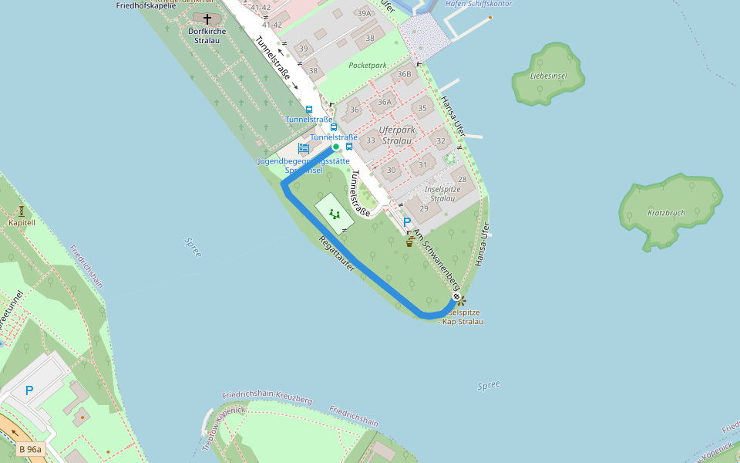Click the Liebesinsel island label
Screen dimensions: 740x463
(x=549, y=76)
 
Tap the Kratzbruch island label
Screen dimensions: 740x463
(x=667, y=212)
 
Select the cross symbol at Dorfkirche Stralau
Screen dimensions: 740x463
(x=207, y=19)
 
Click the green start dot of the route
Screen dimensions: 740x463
(x=335, y=147)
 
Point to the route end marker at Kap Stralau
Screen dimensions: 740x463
(x=456, y=297)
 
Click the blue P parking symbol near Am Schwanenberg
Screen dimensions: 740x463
(x=407, y=222)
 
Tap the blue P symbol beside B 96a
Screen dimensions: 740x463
(x=29, y=390)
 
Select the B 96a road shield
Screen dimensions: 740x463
(x=31, y=449)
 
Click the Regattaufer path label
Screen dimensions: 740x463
(x=337, y=253)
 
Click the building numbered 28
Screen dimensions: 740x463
(x=462, y=179)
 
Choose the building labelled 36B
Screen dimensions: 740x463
(x=404, y=75)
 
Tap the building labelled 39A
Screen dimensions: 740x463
(x=365, y=13)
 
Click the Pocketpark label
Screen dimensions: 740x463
(x=367, y=66)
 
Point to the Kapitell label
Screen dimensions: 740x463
(x=22, y=222)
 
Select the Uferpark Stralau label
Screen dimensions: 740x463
(x=396, y=136)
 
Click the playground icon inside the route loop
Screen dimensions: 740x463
(x=335, y=214)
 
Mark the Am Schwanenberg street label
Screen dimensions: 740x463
(x=436, y=259)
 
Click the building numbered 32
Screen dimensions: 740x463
(x=441, y=141)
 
